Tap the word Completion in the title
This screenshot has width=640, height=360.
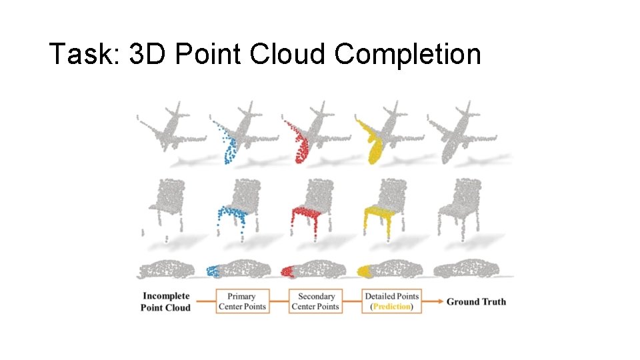[407, 54]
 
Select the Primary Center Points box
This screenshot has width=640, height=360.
[241, 301]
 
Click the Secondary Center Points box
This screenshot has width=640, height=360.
[315, 301]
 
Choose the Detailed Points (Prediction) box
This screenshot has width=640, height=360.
[391, 301]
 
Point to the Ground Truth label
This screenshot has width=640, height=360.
[476, 302]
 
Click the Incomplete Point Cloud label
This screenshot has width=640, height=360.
[165, 302]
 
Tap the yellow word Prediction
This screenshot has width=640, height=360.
[392, 307]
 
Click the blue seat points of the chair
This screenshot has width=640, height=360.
[230, 215]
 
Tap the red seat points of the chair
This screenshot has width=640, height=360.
[304, 215]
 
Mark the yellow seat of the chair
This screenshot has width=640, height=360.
[378, 215]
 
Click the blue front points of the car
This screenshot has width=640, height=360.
[212, 271]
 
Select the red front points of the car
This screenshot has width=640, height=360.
[287, 271]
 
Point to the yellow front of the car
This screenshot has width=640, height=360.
[364, 271]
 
